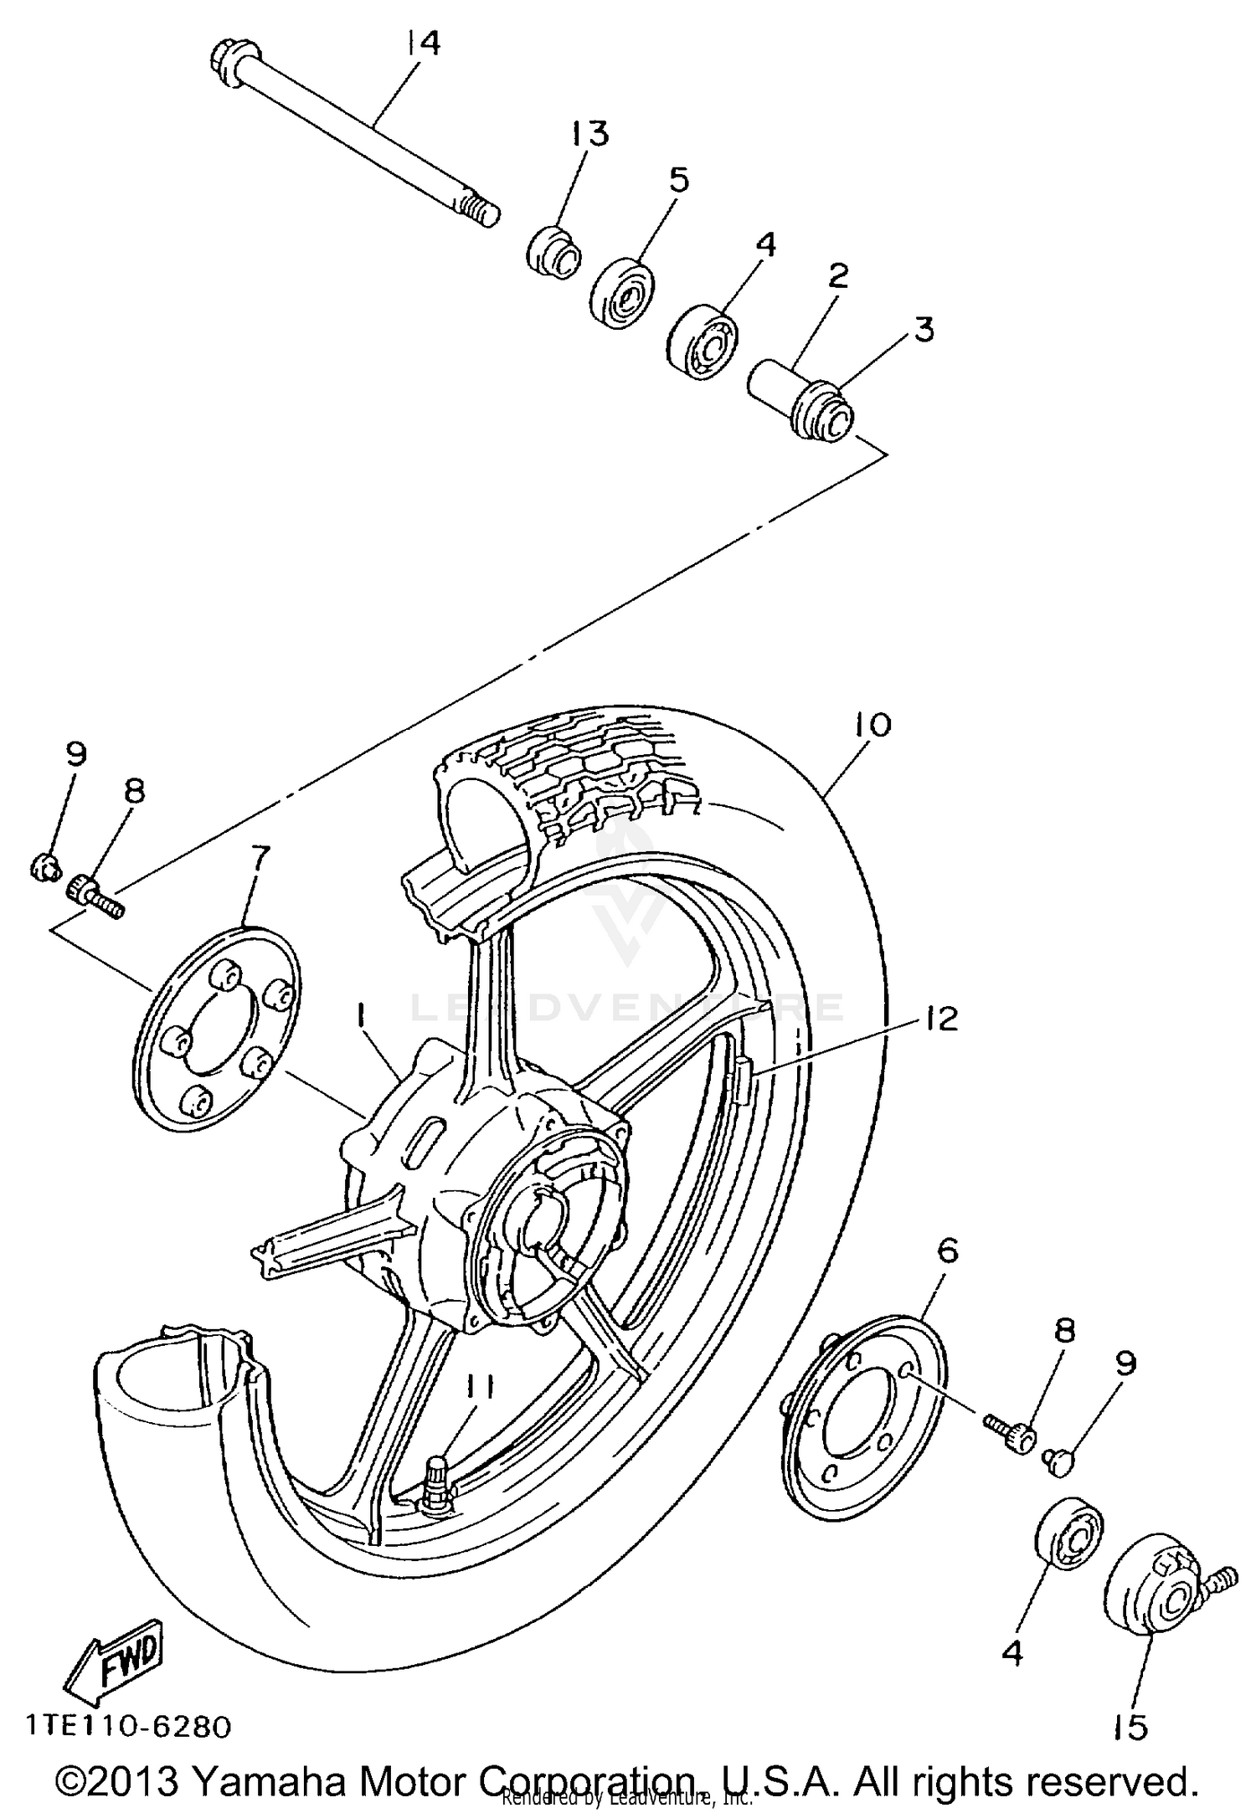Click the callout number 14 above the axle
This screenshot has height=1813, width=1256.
(424, 43)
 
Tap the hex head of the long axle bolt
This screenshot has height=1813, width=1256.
(221, 59)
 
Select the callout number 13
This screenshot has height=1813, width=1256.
(590, 133)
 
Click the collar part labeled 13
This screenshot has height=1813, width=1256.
(553, 250)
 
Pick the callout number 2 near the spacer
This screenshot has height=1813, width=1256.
(838, 275)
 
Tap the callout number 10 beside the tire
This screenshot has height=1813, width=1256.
(873, 725)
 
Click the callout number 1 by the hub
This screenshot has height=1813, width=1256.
(360, 1016)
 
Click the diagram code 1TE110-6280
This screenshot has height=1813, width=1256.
(126, 1727)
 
